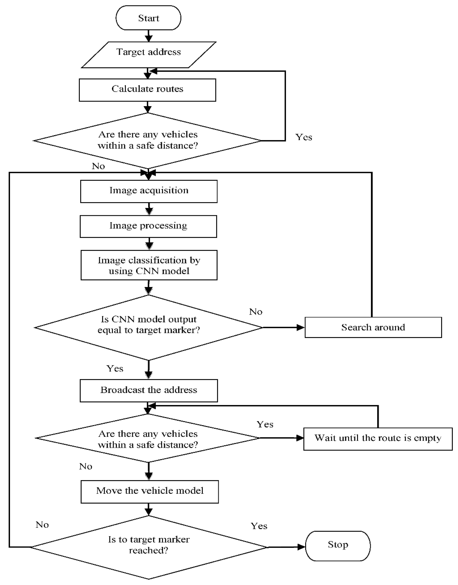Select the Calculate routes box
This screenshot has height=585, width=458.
point(147,90)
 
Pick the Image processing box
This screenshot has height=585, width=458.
point(148,226)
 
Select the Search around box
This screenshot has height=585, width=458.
point(373,327)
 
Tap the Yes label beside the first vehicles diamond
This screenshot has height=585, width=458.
point(304,137)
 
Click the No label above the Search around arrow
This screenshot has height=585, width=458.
point(255,312)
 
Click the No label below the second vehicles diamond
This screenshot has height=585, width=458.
point(86,467)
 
